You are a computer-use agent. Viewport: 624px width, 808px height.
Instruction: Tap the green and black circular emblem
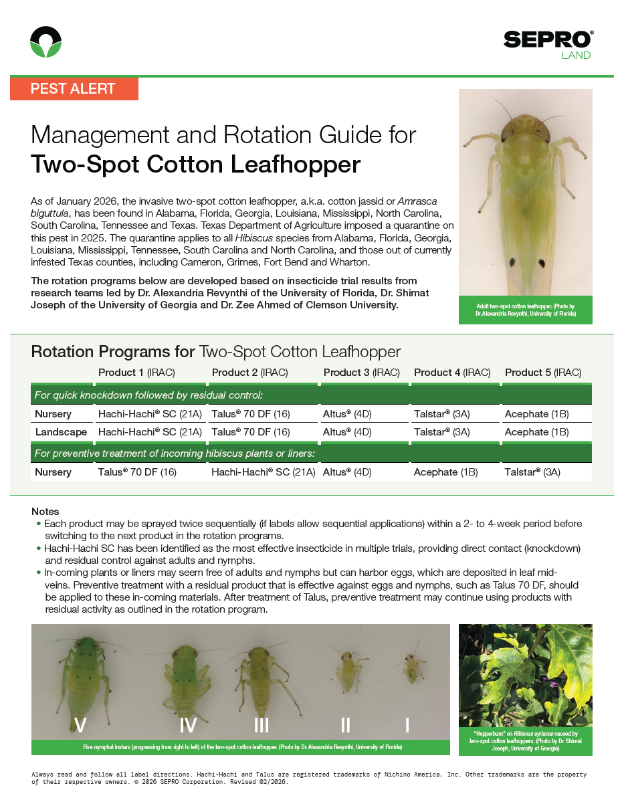coord(46,42)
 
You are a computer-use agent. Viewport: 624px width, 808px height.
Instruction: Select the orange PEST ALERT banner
coord(74,89)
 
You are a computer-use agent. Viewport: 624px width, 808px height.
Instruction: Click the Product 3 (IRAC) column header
coord(361,373)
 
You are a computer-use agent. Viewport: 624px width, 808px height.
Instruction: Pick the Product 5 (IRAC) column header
coord(542,373)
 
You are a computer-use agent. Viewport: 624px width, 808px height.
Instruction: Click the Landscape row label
coord(61,432)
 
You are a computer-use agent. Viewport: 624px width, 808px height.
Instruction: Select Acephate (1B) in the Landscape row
coord(536,432)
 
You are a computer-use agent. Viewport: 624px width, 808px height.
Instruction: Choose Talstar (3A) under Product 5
coord(532,472)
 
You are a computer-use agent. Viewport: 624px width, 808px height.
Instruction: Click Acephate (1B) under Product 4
coord(445,472)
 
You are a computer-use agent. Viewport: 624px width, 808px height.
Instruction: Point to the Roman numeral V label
coord(81,725)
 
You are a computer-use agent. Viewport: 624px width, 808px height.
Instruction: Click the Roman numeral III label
coord(262,725)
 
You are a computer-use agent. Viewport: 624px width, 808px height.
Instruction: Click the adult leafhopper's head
coord(525,126)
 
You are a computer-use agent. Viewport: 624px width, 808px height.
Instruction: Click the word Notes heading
coord(45,512)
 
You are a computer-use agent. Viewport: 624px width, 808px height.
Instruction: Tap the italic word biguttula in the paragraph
coord(51,212)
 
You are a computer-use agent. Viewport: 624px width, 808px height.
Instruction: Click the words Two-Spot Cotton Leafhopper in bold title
coord(195,164)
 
